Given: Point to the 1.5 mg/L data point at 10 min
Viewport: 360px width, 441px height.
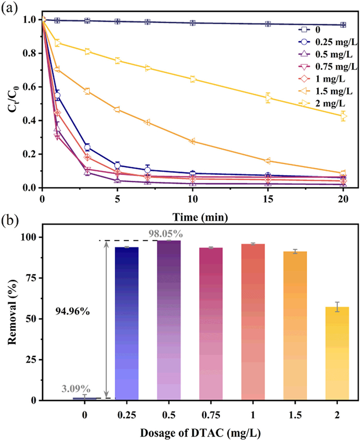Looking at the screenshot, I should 193,142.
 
